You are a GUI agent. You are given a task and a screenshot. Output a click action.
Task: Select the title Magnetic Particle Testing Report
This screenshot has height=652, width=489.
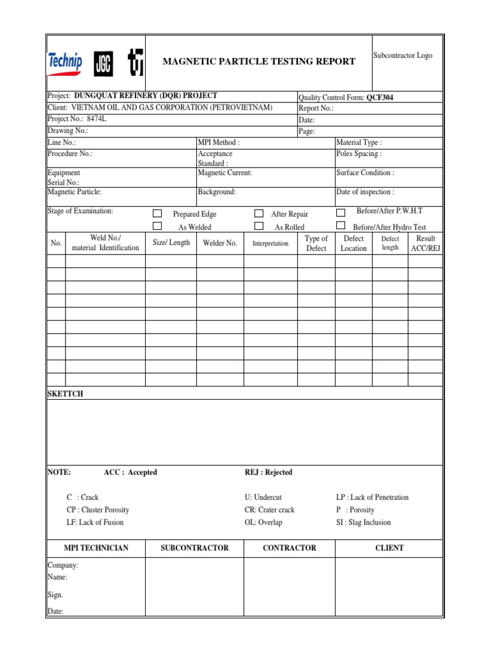(259, 61)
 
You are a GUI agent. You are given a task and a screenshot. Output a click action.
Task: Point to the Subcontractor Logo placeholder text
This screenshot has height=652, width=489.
(402, 55)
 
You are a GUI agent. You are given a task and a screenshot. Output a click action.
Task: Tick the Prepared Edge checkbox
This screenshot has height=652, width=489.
(157, 214)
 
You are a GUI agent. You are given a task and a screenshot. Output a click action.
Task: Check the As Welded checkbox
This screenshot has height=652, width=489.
(157, 226)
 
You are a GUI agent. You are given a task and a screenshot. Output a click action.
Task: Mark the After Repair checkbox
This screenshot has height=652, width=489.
(259, 214)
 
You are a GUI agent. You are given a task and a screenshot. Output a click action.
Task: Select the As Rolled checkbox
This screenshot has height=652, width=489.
(259, 226)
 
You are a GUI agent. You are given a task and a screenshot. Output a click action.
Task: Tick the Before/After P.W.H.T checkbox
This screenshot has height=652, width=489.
(341, 212)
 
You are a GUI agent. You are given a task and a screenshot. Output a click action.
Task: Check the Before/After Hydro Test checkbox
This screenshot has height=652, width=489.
(341, 225)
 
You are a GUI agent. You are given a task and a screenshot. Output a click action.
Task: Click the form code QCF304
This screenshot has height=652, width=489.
(384, 97)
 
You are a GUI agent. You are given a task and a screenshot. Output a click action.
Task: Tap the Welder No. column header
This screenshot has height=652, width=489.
(220, 243)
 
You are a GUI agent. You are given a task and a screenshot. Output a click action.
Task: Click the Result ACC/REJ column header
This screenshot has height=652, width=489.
(425, 243)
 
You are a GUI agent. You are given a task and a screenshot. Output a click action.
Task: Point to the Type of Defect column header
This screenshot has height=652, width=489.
(316, 243)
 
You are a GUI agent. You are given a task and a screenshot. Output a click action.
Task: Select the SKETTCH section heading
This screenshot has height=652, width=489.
(66, 394)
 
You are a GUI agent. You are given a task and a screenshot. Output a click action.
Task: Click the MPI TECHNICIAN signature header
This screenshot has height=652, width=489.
(96, 548)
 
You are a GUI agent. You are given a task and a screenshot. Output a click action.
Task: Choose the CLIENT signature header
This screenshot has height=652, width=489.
(389, 548)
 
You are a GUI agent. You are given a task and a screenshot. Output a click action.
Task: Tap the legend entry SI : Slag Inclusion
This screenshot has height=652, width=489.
(364, 522)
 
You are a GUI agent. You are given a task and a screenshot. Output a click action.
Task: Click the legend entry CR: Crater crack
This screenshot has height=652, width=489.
(269, 510)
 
